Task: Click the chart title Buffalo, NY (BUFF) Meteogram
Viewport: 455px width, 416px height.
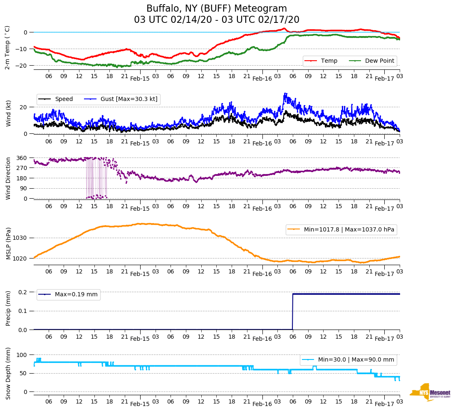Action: click(x=216, y=9)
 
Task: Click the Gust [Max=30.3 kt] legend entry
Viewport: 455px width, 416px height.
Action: click(x=121, y=99)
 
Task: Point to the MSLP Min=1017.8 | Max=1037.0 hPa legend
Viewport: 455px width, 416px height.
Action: click(x=341, y=229)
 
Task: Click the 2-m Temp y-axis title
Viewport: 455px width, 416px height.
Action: click(x=7, y=47)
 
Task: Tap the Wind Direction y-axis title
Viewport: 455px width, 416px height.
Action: click(x=8, y=178)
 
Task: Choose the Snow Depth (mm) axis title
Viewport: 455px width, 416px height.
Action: click(x=8, y=373)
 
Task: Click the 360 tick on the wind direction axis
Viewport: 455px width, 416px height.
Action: click(x=22, y=158)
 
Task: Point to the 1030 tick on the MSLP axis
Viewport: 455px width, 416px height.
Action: click(x=20, y=238)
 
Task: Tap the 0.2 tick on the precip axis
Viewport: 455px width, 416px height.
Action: click(x=22, y=292)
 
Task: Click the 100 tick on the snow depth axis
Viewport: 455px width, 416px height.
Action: click(x=22, y=355)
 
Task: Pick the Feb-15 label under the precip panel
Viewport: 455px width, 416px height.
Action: click(x=140, y=339)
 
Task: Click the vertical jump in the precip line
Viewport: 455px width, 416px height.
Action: click(x=293, y=312)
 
